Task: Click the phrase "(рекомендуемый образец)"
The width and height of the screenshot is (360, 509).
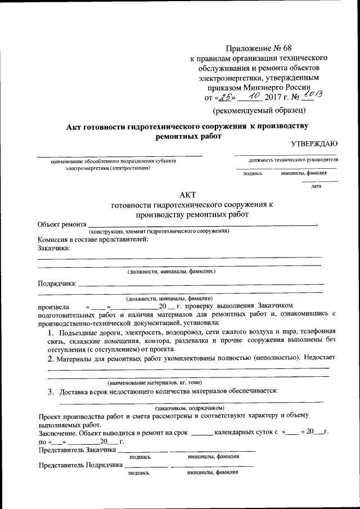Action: coord(259,110)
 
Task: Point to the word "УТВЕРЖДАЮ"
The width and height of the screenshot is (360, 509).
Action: coord(314,145)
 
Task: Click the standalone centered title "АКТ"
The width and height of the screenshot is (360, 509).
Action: coord(186,195)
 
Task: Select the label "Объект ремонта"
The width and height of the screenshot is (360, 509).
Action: coord(62,224)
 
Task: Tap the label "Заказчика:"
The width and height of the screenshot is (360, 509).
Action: coord(54,247)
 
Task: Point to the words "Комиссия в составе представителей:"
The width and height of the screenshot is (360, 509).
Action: coord(93,240)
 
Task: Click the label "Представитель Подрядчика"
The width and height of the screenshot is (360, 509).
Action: coord(80,466)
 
